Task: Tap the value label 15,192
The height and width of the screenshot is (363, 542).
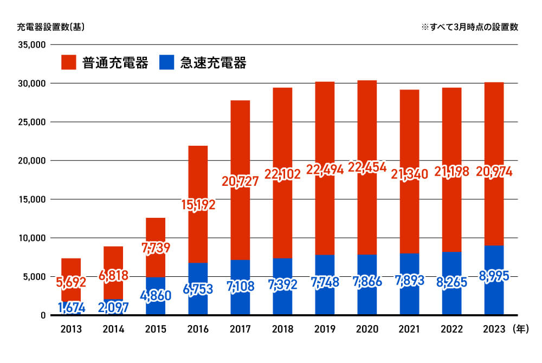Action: click(198, 205)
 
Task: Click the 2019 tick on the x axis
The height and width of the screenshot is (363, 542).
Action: click(325, 328)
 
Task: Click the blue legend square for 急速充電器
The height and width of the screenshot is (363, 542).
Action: click(166, 62)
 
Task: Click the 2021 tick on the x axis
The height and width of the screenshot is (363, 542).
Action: click(409, 328)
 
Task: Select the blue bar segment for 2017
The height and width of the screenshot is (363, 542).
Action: click(240, 298)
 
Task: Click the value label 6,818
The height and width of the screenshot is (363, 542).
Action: click(113, 276)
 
